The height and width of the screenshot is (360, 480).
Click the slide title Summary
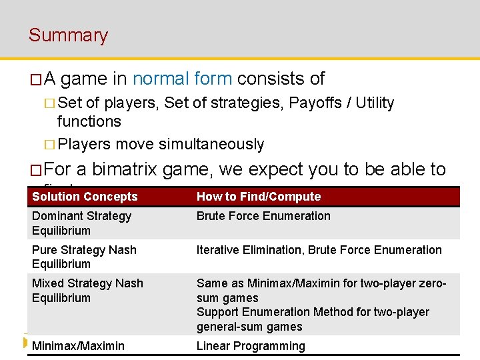pos(68,35)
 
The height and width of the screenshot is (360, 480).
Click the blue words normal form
pos(182,79)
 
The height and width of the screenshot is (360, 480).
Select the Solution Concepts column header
pos(85,197)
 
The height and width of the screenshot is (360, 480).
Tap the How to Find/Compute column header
pos(259,197)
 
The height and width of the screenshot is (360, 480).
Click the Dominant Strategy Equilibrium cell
pos(81,223)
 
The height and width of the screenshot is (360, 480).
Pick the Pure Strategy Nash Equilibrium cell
pos(84,257)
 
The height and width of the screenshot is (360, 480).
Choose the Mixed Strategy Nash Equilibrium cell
pos(87,291)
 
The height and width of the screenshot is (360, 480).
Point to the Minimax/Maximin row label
pos(78,345)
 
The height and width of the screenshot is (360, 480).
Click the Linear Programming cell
pos(251,345)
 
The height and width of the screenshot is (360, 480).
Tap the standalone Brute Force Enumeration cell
pos(263,216)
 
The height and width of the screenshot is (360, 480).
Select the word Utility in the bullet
pos(375,103)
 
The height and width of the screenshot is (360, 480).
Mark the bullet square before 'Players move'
pos(49,145)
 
